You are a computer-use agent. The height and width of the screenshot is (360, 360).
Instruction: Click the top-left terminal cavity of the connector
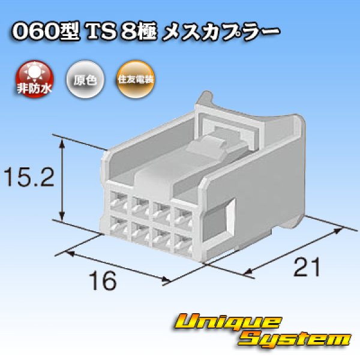tap(119, 201)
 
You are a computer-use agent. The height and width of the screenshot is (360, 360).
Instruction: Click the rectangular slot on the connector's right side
tap(228, 214)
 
